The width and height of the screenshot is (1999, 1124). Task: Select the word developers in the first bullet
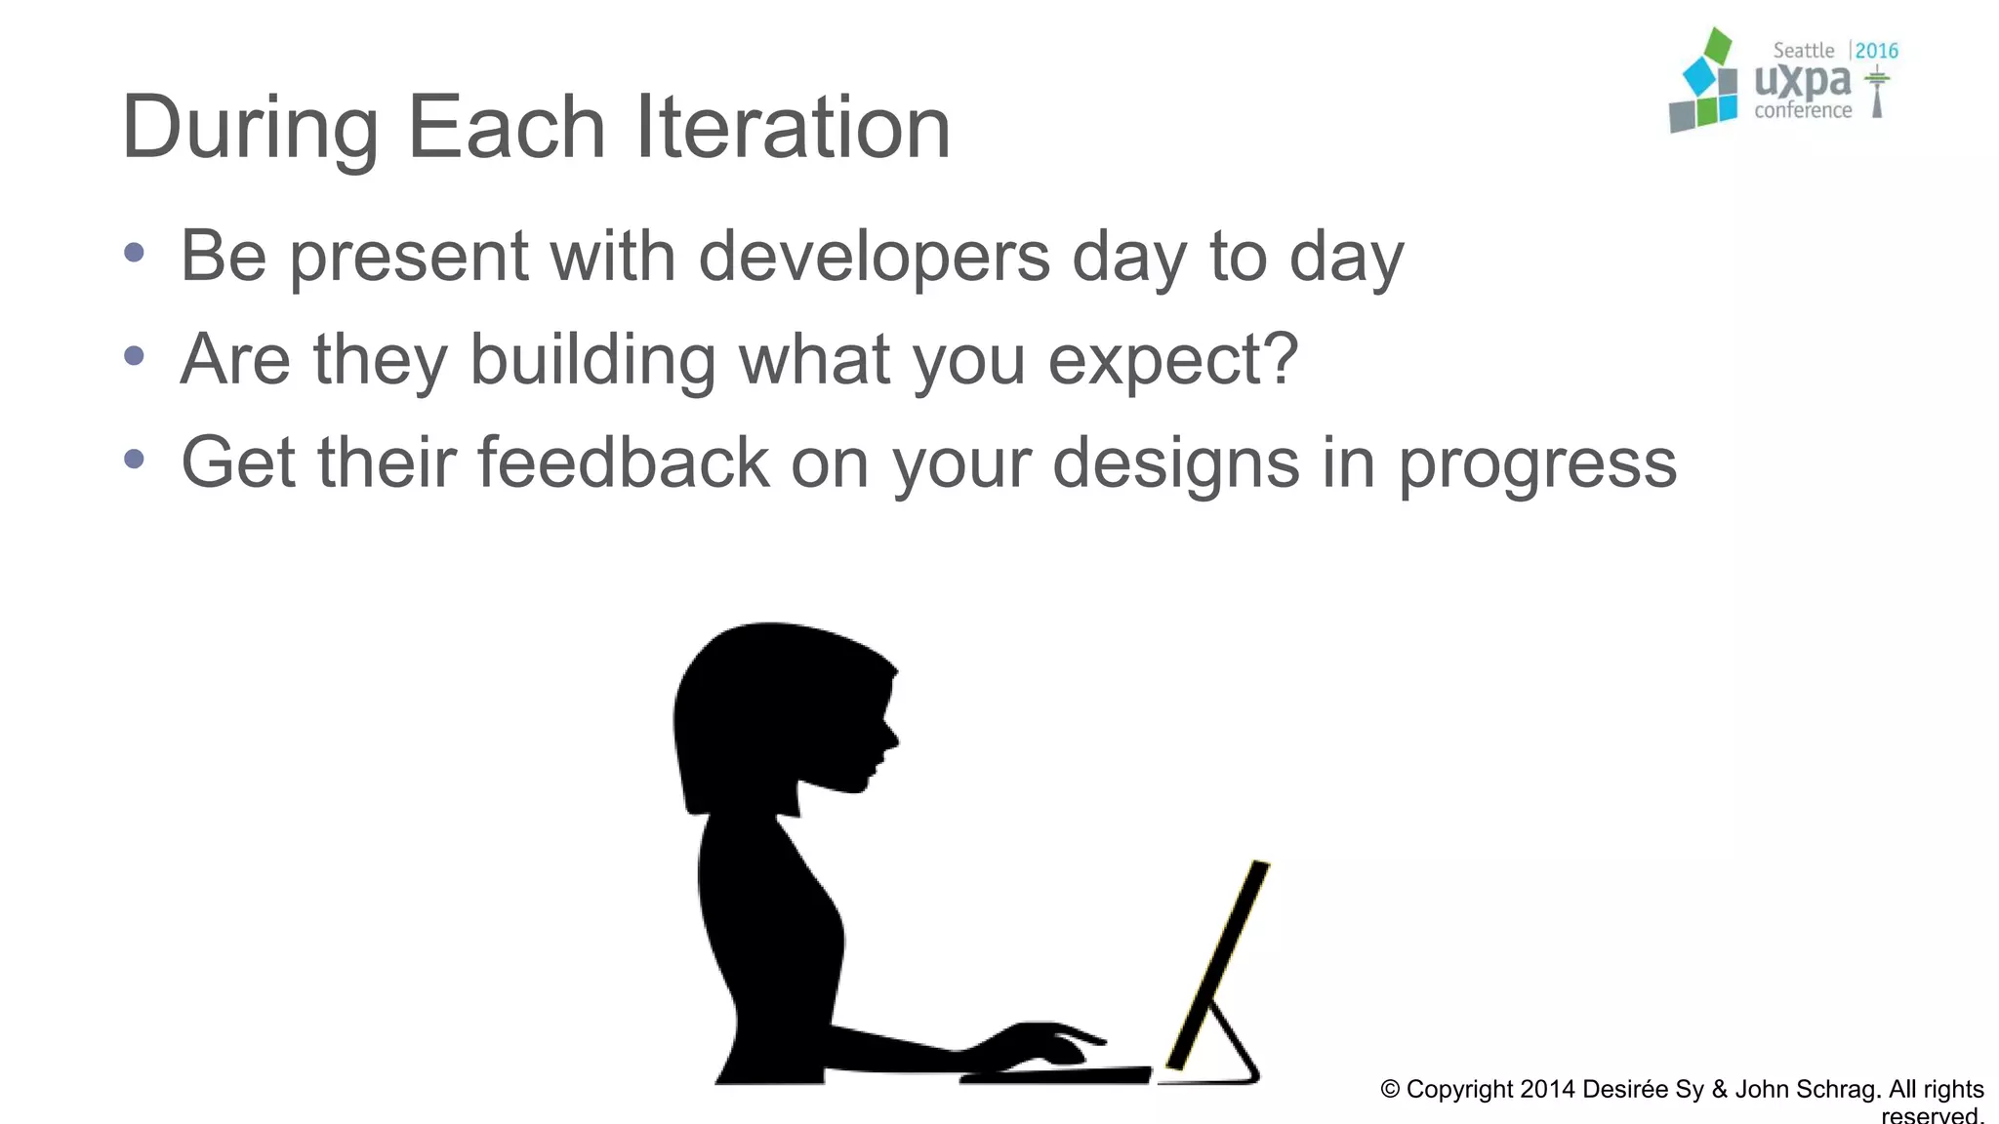coord(874,257)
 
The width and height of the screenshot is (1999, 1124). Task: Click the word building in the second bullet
coord(592,360)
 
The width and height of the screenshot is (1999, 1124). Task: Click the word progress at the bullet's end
coord(1537,464)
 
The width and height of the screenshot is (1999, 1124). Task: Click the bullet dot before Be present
coord(135,254)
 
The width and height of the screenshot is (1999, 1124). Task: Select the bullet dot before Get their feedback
coord(135,459)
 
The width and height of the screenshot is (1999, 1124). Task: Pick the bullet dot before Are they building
coord(135,356)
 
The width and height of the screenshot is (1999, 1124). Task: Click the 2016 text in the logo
coord(1876,51)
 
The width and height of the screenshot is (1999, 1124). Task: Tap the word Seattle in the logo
coord(1803,51)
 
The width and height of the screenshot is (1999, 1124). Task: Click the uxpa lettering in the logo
coord(1802,81)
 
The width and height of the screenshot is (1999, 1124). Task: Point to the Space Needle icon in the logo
coord(1877,93)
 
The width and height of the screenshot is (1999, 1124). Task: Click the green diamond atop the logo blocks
coord(1717,45)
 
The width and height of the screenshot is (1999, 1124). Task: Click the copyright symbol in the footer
coord(1390,1090)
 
